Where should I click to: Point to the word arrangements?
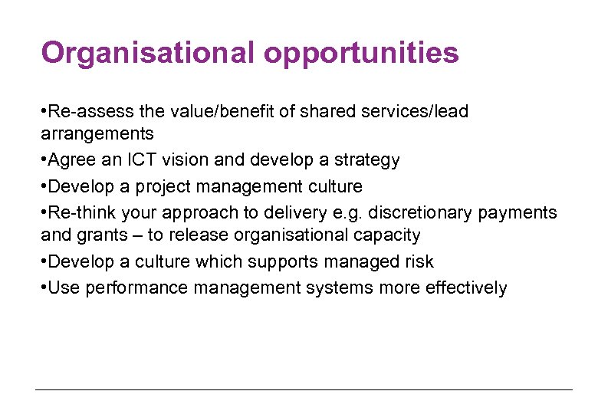[97, 135]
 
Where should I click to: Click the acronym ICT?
[123, 160]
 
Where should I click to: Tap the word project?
[163, 187]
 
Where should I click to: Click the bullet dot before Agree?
[44, 160]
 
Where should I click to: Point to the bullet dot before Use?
[44, 288]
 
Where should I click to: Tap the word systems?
[336, 288]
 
